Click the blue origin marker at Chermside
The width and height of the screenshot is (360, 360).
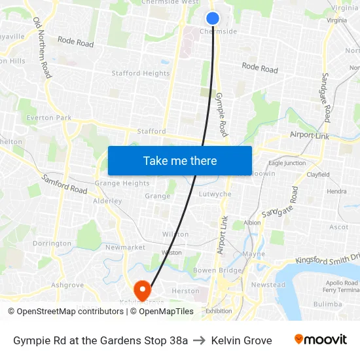[x=213, y=18]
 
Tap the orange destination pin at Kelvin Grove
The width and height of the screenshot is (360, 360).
[x=141, y=289]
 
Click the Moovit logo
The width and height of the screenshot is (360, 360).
[x=321, y=340]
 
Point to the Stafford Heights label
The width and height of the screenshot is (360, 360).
[x=140, y=73]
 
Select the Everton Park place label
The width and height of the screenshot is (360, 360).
[x=49, y=118]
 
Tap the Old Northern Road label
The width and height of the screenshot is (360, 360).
[x=42, y=47]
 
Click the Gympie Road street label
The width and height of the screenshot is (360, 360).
[x=221, y=114]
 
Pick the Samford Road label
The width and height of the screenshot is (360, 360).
[x=64, y=184]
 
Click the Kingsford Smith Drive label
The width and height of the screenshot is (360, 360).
[x=327, y=259]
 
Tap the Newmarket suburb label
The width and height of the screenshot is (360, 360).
[x=125, y=247]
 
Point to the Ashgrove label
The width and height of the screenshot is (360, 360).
[x=67, y=285]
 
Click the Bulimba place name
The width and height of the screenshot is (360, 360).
[x=327, y=304]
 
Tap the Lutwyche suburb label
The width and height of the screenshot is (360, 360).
[x=215, y=194]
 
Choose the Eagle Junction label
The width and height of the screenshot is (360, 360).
[x=287, y=163]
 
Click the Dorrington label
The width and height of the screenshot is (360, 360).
[x=52, y=243]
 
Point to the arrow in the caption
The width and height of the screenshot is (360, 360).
[x=200, y=340]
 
